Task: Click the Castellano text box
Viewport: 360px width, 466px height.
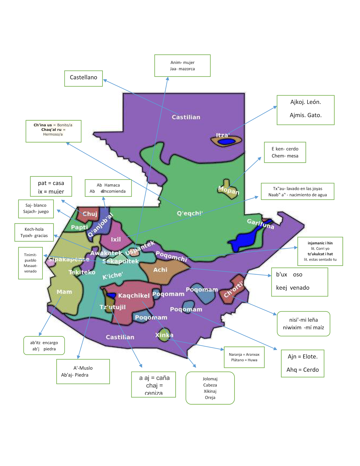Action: coord(84,78)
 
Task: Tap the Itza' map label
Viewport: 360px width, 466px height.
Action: coord(222,135)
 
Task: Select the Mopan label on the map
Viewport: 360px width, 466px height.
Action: coord(229,190)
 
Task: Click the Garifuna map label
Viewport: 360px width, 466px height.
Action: coord(260,224)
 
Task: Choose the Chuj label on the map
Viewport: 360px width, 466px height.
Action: coord(90,214)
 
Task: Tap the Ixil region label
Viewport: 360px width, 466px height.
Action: coord(116,239)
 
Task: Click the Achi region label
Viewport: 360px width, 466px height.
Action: coord(160,270)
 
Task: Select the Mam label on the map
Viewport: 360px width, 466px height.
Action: coord(64,292)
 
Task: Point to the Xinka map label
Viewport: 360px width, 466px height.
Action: coord(164,335)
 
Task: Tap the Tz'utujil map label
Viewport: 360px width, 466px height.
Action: coord(113,307)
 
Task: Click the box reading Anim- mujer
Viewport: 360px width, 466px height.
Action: coord(182,66)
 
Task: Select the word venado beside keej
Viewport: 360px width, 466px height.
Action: coord(299,288)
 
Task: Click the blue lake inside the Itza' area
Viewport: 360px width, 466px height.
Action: coord(227,142)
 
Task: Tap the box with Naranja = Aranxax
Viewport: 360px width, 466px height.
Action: coord(244,357)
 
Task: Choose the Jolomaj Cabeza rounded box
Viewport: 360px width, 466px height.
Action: coord(210,388)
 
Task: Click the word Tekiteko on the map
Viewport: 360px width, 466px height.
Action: coord(82,272)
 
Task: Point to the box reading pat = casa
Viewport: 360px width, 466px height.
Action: coord(51,186)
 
